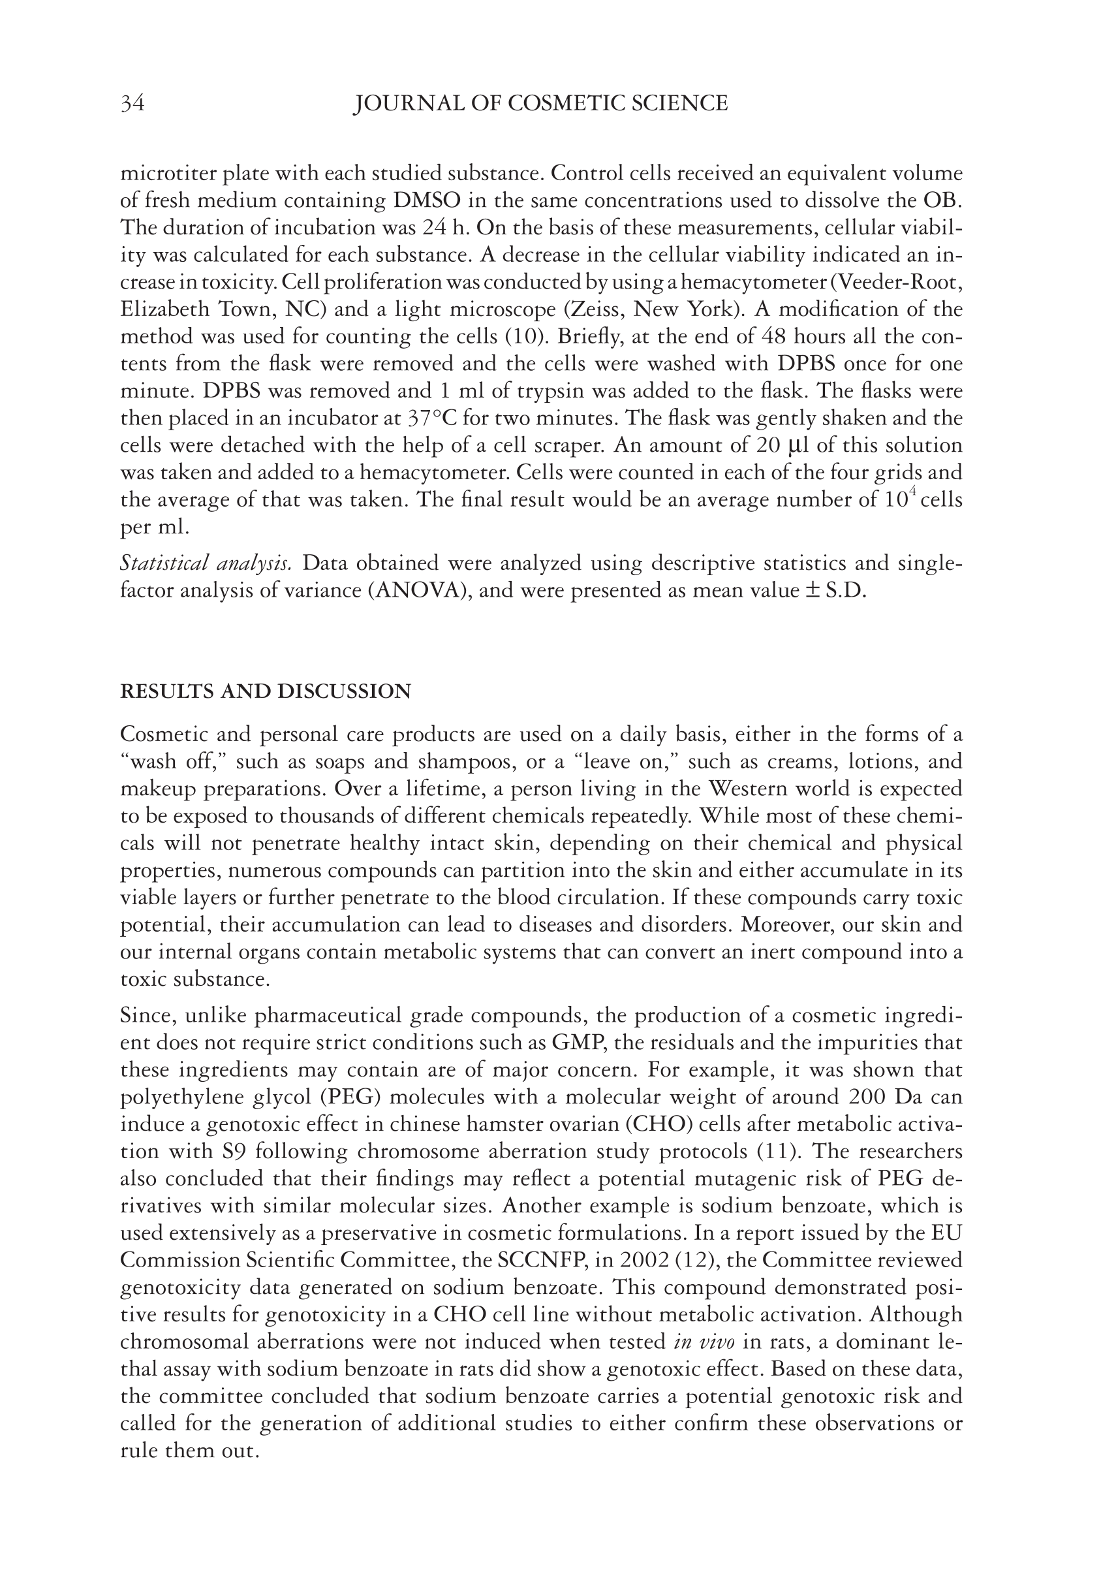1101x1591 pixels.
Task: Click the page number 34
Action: pyautogui.click(x=132, y=104)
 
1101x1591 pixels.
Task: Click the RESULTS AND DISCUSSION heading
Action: pyautogui.click(x=266, y=691)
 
